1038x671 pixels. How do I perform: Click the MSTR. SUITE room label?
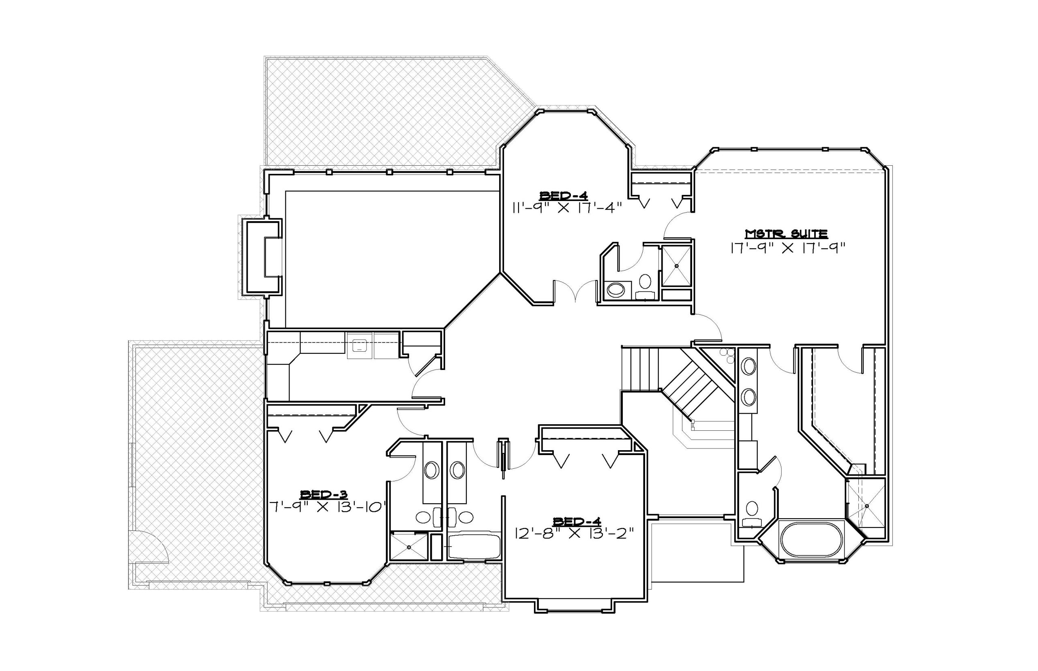pyautogui.click(x=786, y=233)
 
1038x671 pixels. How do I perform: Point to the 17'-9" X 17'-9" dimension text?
pyautogui.click(x=788, y=248)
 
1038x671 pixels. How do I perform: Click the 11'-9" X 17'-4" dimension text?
pyautogui.click(x=566, y=208)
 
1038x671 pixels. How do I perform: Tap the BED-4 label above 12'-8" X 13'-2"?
pyautogui.click(x=577, y=521)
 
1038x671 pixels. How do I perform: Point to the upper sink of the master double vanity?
pyautogui.click(x=749, y=366)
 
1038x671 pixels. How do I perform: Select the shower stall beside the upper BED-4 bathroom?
pyautogui.click(x=677, y=265)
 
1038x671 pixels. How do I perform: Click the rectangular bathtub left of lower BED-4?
pyautogui.click(x=474, y=546)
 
